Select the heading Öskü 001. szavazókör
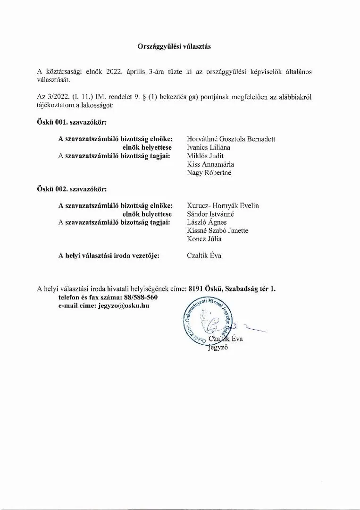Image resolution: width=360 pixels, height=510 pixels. click(x=71, y=122)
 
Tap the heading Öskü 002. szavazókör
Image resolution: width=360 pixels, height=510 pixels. click(x=71, y=189)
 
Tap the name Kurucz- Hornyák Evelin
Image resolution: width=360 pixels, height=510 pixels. click(x=223, y=205)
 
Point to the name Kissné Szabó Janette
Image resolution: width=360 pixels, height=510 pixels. click(x=218, y=230)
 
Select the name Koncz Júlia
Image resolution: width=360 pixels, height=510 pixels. click(x=204, y=239)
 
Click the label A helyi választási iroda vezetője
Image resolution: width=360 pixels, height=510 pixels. click(x=109, y=255)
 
